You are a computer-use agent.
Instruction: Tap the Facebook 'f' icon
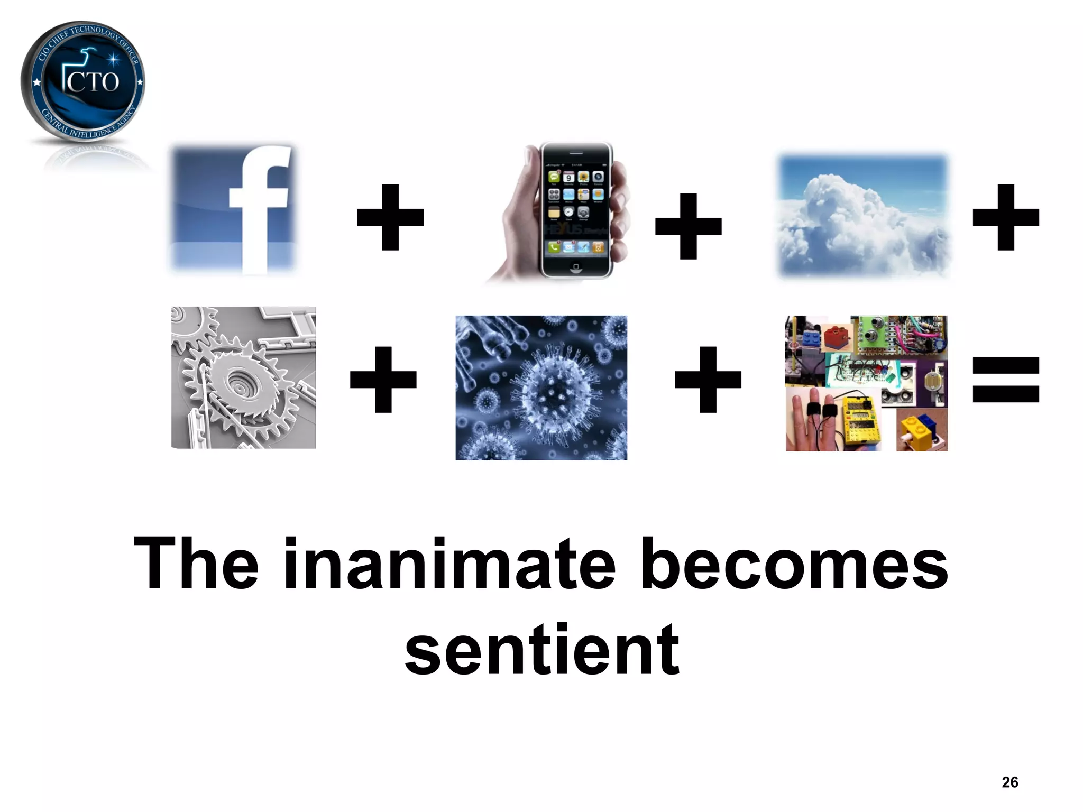point(233,209)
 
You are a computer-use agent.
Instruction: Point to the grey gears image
point(243,377)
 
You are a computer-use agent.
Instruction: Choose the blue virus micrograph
point(541,387)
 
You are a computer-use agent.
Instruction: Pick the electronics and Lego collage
point(866,383)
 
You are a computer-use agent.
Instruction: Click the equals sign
point(1006,380)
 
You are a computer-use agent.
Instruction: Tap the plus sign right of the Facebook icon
point(390,217)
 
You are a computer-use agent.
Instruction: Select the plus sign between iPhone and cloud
point(688,226)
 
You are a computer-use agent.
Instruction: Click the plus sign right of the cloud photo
point(1006,217)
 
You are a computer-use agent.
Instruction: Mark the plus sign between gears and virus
point(383,380)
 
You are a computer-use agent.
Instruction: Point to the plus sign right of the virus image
point(708,380)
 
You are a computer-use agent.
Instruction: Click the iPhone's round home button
point(576,266)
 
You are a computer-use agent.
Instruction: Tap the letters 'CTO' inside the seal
point(93,82)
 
